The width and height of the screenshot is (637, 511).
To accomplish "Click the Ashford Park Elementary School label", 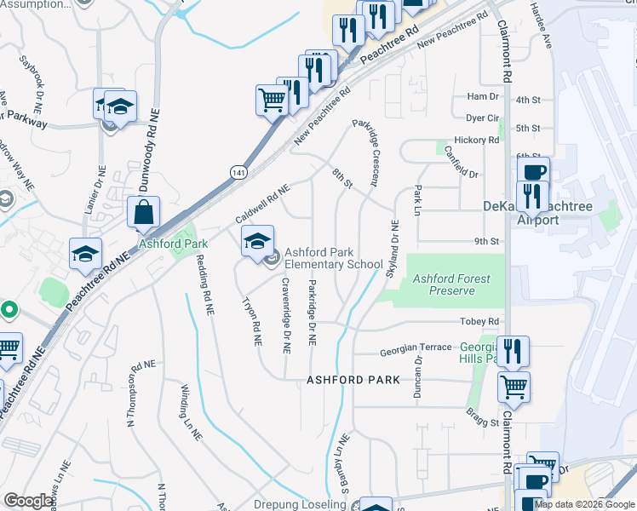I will click(333, 258).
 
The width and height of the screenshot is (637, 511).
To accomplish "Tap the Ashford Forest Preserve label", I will click(444, 284).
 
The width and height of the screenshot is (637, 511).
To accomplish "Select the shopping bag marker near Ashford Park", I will click(144, 213).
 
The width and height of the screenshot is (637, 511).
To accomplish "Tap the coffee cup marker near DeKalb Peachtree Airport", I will click(533, 173).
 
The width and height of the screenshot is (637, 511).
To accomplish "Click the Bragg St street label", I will click(482, 422).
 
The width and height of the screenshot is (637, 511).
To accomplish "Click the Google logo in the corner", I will click(28, 501).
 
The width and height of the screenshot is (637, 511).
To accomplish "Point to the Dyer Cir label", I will click(482, 118).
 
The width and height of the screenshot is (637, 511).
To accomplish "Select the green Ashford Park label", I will click(163, 243).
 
